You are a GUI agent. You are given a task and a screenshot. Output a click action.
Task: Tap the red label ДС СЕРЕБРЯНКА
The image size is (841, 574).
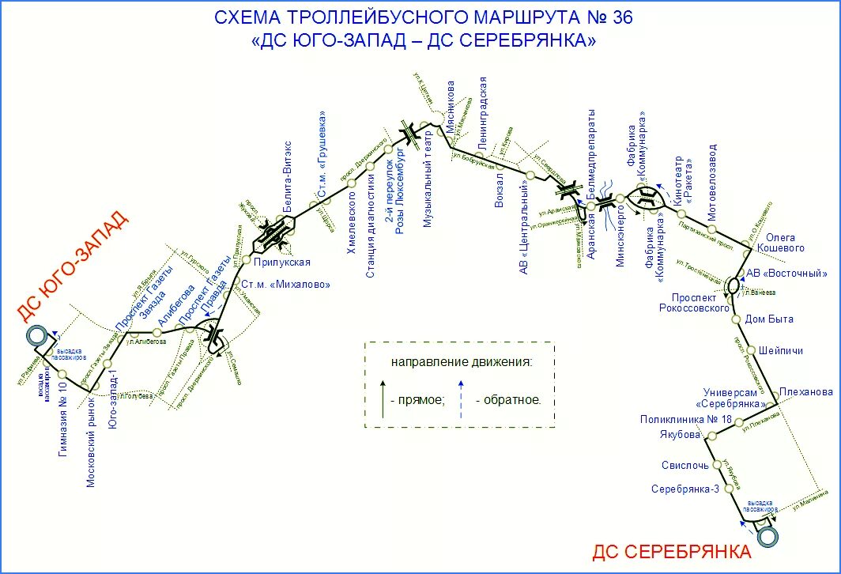[x=671, y=551]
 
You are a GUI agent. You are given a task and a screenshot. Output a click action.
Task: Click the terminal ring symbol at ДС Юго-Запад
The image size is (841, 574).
[x=36, y=335]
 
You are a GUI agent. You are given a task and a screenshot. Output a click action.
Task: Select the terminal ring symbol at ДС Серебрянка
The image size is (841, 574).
[x=766, y=537]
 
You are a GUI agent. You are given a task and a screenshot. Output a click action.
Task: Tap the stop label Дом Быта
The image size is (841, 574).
[x=769, y=319]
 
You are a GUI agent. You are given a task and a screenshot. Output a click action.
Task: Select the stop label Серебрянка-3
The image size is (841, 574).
[x=684, y=489]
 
